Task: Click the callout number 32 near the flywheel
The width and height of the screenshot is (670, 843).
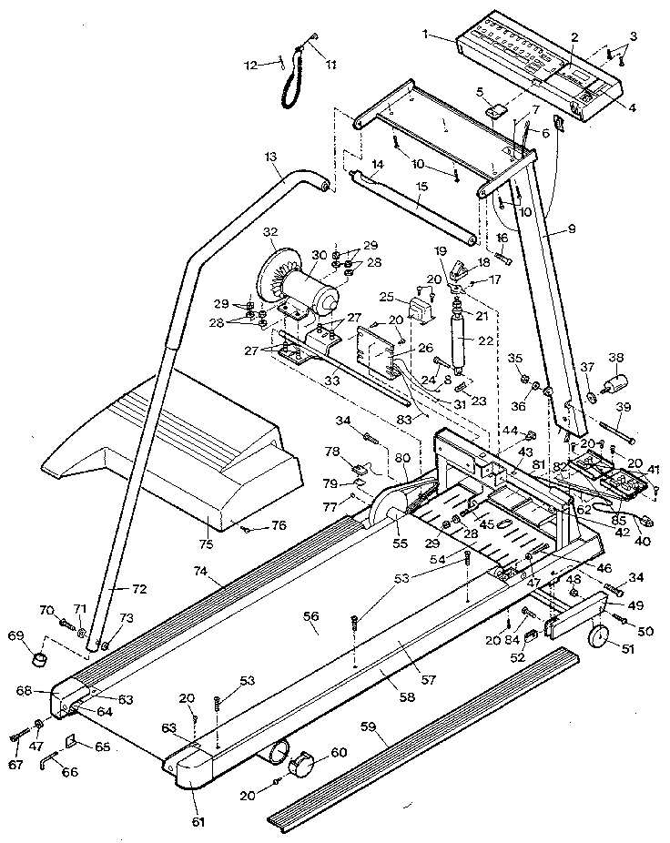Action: [269, 233]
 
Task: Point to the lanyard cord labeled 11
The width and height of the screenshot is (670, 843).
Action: [293, 82]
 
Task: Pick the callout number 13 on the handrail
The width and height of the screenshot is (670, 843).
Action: [269, 157]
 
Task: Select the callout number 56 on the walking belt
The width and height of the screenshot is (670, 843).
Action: [311, 616]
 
